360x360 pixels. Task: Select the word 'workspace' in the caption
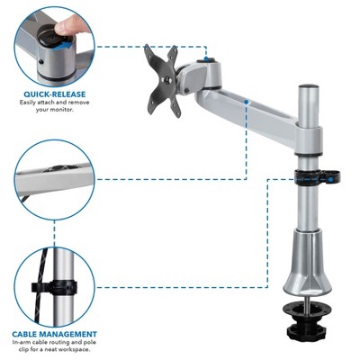74,349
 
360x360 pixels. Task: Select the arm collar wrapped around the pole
308,140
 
